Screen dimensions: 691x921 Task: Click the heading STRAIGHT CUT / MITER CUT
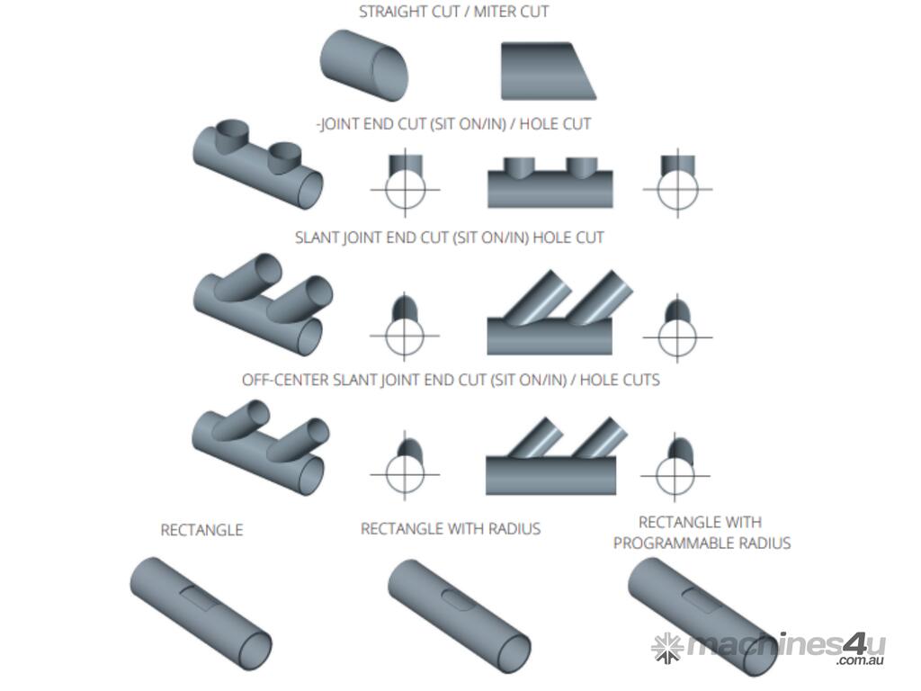point(453,13)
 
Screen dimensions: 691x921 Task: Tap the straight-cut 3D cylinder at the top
point(363,65)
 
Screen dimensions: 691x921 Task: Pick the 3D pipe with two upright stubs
point(257,166)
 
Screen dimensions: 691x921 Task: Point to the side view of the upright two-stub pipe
point(550,184)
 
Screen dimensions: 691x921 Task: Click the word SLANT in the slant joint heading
point(317,238)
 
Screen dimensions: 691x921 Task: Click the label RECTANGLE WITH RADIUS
point(451,529)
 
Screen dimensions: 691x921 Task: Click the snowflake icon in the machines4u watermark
point(667,646)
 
